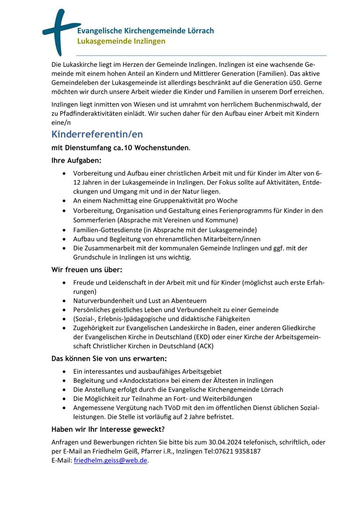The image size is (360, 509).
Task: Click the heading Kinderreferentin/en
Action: tap(97, 134)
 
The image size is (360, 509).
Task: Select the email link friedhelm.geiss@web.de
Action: tap(110, 460)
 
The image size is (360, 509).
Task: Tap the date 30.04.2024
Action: tap(226, 442)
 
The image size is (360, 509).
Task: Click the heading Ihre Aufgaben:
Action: tap(76, 160)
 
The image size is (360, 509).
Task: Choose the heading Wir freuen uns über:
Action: tap(87, 270)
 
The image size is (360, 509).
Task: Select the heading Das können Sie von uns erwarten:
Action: tap(109, 358)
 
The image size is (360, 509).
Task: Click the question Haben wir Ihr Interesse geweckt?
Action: tap(108, 429)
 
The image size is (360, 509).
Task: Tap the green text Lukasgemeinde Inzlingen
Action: tap(121, 41)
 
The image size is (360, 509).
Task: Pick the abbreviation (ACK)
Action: tap(205, 346)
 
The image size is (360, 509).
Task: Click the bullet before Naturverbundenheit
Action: tap(64, 301)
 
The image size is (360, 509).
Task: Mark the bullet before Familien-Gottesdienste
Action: tap(64, 230)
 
